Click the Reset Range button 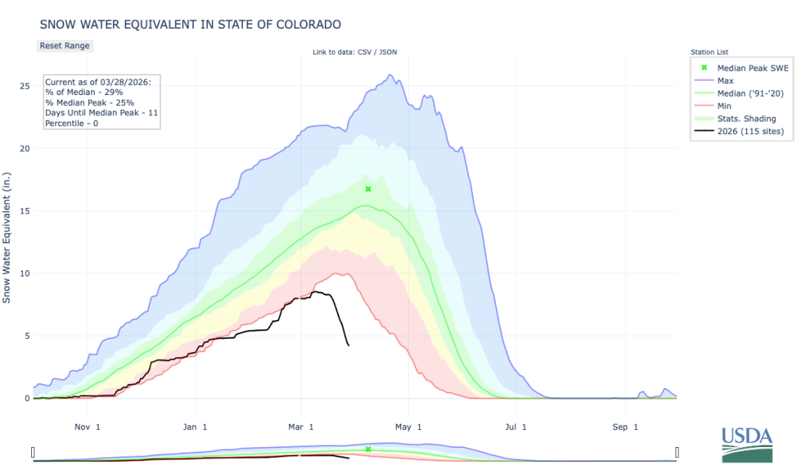click(x=65, y=45)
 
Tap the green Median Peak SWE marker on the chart click(x=369, y=189)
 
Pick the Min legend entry click(x=724, y=105)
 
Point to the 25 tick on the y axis click(x=24, y=86)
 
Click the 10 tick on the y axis click(x=24, y=273)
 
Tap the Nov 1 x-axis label click(x=88, y=426)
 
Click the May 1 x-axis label click(x=407, y=426)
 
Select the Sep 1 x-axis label click(x=625, y=426)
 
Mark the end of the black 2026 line click(x=348, y=345)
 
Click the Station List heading click(x=708, y=51)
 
